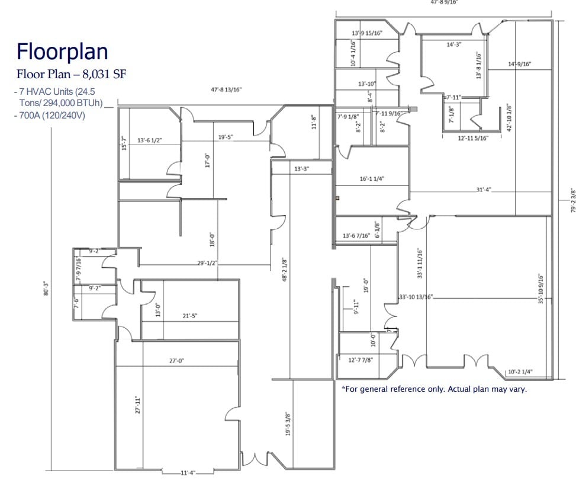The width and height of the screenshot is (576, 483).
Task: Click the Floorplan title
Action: pyautogui.click(x=62, y=52)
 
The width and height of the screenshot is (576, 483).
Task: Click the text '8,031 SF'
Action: pyautogui.click(x=105, y=75)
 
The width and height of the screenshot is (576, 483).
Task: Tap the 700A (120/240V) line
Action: pyautogui.click(x=50, y=115)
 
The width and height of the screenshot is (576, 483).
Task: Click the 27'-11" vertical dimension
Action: pyautogui.click(x=137, y=404)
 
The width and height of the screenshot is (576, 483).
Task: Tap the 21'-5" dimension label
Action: pyautogui.click(x=189, y=316)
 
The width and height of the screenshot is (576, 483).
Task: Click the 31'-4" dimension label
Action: pyautogui.click(x=483, y=190)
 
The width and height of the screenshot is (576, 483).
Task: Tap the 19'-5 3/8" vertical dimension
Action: pyautogui.click(x=288, y=424)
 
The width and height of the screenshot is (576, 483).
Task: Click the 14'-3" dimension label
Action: pyautogui.click(x=455, y=44)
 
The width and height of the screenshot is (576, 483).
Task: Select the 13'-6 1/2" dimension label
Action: pyautogui.click(x=149, y=140)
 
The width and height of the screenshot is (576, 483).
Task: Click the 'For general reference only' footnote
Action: pyautogui.click(x=434, y=389)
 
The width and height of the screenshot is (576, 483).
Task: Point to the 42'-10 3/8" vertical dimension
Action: pyautogui.click(x=509, y=119)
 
